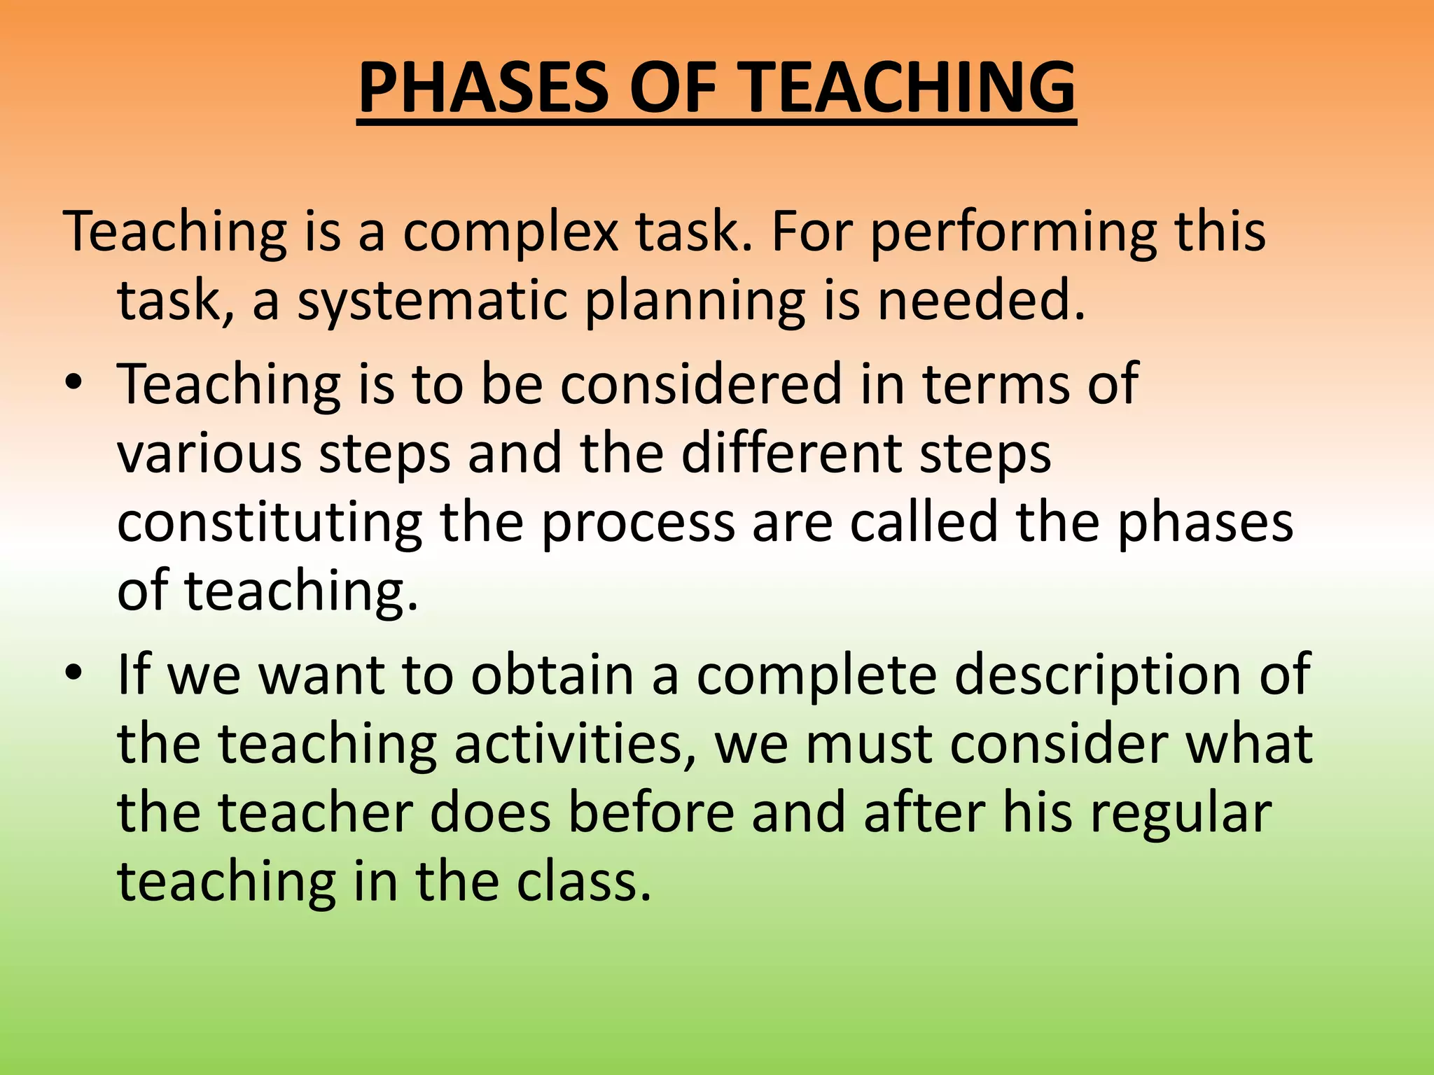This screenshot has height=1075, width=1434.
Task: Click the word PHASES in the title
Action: [x=483, y=87]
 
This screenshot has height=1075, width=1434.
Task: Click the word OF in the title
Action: [x=674, y=87]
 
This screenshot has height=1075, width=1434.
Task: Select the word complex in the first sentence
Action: [x=510, y=234]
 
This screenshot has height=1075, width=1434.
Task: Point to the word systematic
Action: [x=432, y=302]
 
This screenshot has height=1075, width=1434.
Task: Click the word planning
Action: [x=695, y=302]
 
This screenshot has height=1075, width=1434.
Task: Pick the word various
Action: [x=209, y=453]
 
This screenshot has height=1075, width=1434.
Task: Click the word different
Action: [x=791, y=453]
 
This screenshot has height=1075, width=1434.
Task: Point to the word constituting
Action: [x=270, y=524]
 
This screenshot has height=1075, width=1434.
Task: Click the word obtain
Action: [x=552, y=674]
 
